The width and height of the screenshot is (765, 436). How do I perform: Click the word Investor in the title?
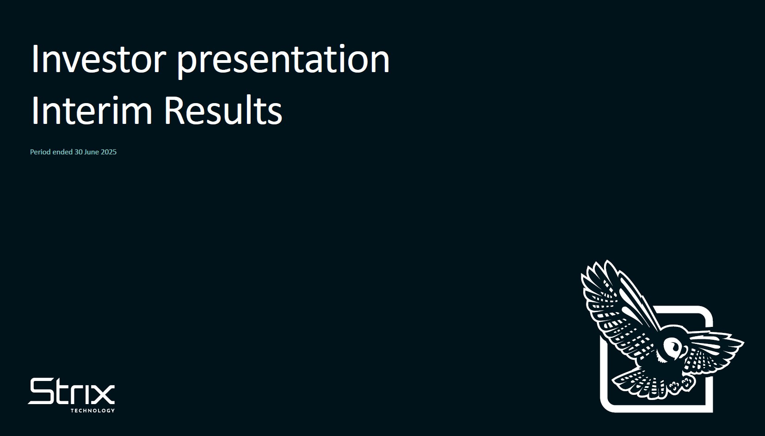click(99, 59)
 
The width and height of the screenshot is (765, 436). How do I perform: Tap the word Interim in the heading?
click(92, 110)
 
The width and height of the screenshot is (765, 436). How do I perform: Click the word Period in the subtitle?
click(40, 152)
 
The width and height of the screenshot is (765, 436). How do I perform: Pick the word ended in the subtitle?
click(62, 152)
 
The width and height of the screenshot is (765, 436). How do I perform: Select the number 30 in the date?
click(79, 152)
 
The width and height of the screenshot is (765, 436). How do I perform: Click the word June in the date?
click(92, 152)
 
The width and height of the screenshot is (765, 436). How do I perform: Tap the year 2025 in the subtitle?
click(109, 152)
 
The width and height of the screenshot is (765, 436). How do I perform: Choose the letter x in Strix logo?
click(102, 394)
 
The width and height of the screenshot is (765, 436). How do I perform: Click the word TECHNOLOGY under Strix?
click(93, 411)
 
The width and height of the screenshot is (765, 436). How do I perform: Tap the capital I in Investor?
click(35, 59)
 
